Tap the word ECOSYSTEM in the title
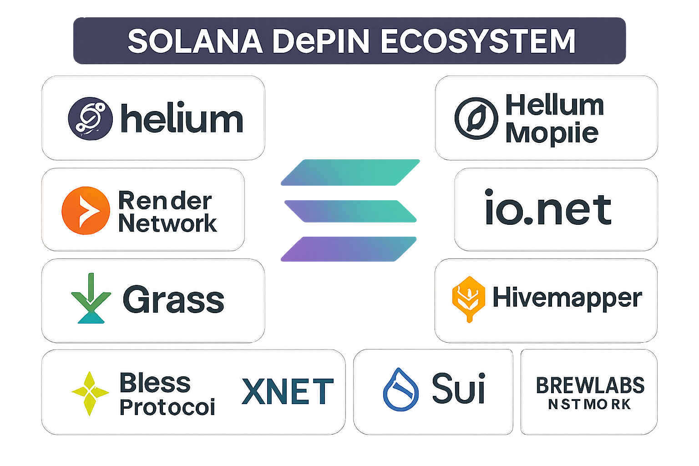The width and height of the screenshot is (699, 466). pos(478,41)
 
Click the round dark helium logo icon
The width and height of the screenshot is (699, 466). pos(90,118)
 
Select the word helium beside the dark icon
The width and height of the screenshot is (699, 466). pos(182,119)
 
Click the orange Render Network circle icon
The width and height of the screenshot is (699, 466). pos(86,210)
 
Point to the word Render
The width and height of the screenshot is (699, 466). pos(165,201)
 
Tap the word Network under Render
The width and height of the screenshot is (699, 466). pos(167,223)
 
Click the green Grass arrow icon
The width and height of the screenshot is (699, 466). pos(91,298)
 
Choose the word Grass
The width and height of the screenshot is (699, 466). pos(173,299)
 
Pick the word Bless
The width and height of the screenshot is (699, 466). pos(155,383)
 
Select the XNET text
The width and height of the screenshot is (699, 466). pos(288,391)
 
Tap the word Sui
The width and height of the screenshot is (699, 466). pos(458,389)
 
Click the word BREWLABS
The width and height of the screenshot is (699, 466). pos(590,385)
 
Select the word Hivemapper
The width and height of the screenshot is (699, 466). pos(567,298)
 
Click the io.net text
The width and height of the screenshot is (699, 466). pos(548,209)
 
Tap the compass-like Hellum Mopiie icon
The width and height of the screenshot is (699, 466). pos(476,118)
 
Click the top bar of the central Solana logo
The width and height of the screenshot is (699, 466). pos(350,172)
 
